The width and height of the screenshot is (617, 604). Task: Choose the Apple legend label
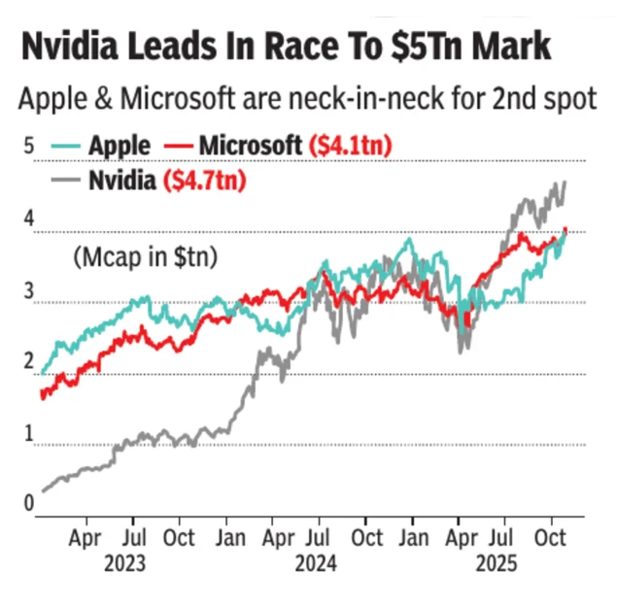coord(120,147)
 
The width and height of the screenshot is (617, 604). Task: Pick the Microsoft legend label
coord(250,146)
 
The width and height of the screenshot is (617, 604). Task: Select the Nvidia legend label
coord(122,180)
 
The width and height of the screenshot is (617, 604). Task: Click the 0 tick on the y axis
coord(28,502)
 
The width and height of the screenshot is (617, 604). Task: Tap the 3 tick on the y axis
coord(28,289)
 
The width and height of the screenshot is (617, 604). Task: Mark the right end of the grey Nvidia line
coord(566,183)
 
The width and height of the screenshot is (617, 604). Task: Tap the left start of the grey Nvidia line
coord(42,491)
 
